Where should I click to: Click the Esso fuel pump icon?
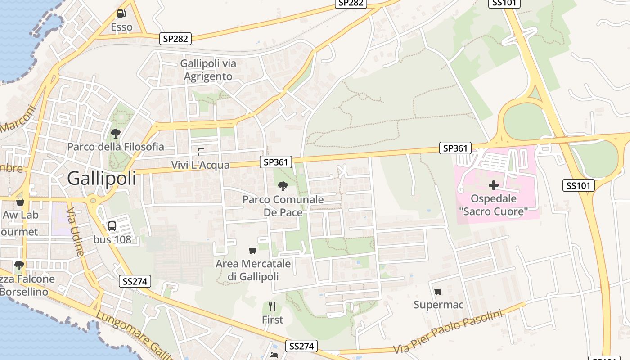(121, 13)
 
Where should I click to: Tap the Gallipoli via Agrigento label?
(208, 70)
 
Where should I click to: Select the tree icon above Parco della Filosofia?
(116, 133)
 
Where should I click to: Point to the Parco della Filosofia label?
(116, 147)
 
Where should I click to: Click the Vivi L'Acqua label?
(200, 165)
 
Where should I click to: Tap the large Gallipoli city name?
(101, 179)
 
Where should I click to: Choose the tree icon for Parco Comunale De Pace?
(283, 186)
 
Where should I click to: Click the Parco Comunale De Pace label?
(283, 206)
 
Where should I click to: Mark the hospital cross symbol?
(493, 185)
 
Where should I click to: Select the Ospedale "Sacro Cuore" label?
(493, 205)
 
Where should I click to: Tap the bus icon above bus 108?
(112, 226)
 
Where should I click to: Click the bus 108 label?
(112, 239)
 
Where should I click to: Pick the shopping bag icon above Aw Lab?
(20, 201)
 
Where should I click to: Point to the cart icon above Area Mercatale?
(253, 250)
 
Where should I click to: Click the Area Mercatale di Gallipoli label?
(253, 270)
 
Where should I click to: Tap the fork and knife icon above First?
(272, 306)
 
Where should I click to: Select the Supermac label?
(438, 305)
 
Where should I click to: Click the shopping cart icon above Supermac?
(438, 291)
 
